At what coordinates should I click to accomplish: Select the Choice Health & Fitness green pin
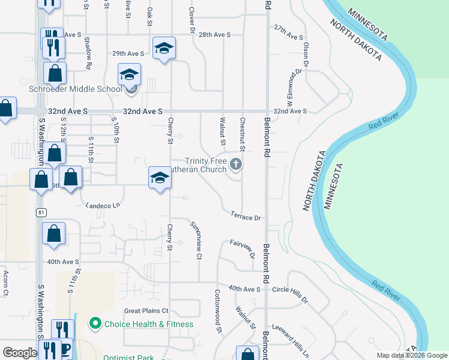(x=94, y=324)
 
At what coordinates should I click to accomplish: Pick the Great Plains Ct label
(x=146, y=311)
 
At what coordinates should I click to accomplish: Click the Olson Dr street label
(x=306, y=54)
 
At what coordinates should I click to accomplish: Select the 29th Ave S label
(x=128, y=53)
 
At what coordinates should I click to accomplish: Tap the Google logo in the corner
(x=20, y=353)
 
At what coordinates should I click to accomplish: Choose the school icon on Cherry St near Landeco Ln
(x=160, y=178)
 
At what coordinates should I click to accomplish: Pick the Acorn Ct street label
(x=5, y=283)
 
